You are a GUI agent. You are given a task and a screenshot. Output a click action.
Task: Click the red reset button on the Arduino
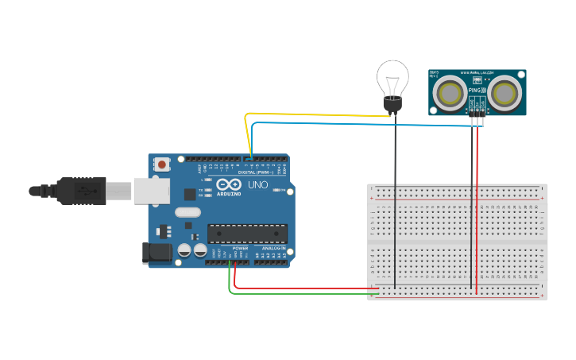[162, 165]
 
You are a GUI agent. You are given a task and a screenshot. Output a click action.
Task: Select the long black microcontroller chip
[247, 233]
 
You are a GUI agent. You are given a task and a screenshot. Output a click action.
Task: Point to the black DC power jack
[157, 254]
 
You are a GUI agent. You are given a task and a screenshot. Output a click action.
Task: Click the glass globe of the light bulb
[392, 79]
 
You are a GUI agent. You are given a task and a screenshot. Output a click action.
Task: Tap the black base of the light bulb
[392, 103]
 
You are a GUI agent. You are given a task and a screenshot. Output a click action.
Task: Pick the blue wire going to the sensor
[358, 124]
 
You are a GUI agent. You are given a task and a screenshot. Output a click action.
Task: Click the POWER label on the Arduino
[240, 248]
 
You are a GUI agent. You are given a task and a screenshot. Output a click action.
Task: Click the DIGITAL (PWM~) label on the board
[256, 172]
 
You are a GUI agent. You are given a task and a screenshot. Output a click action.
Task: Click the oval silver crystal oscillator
[187, 212]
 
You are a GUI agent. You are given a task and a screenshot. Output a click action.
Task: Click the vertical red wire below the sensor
[477, 207]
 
